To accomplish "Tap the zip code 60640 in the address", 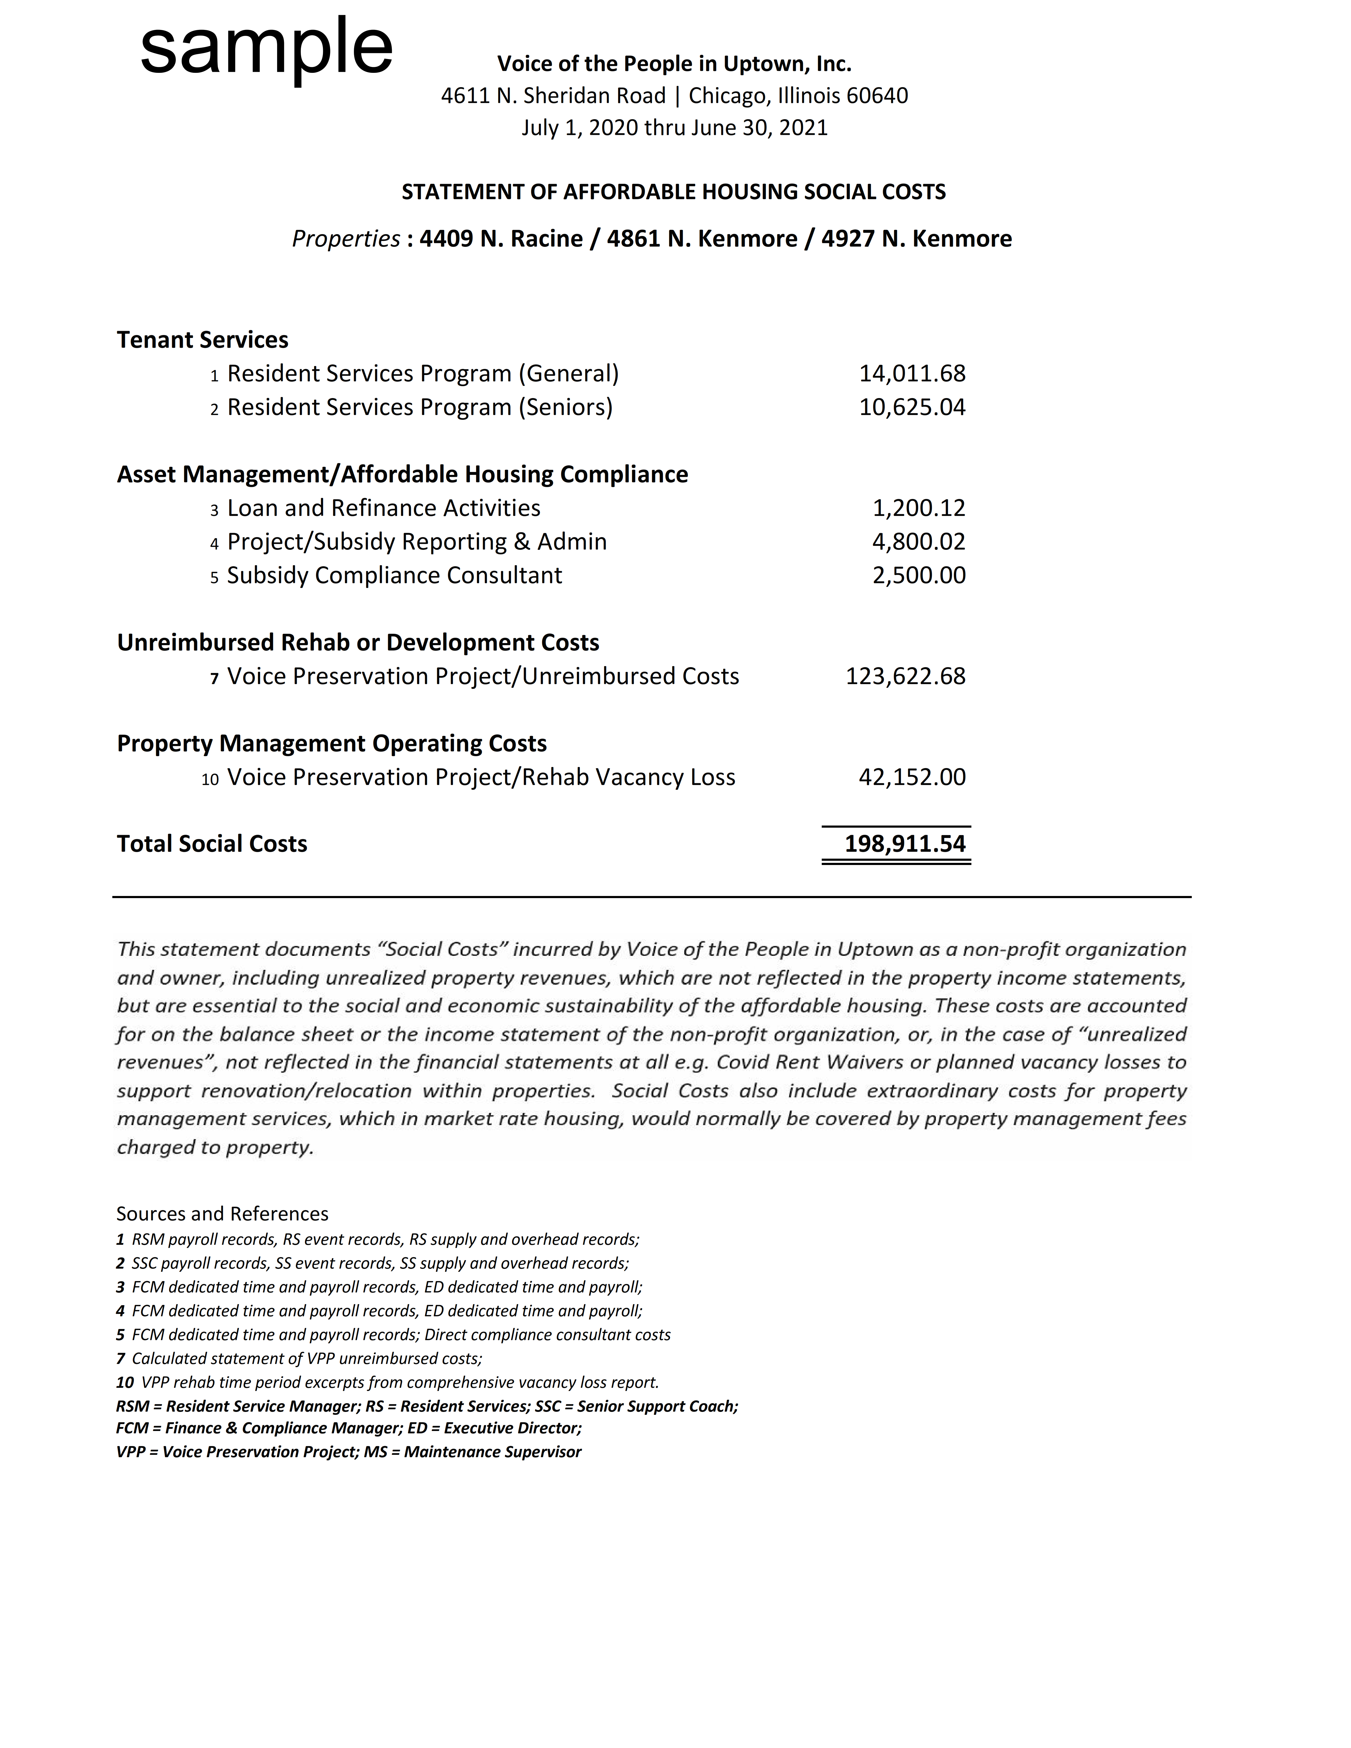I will [x=877, y=96].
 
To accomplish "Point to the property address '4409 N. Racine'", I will [x=501, y=239].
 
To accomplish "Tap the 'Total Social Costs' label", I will [x=212, y=844].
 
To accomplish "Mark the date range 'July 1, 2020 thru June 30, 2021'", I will [x=674, y=128].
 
